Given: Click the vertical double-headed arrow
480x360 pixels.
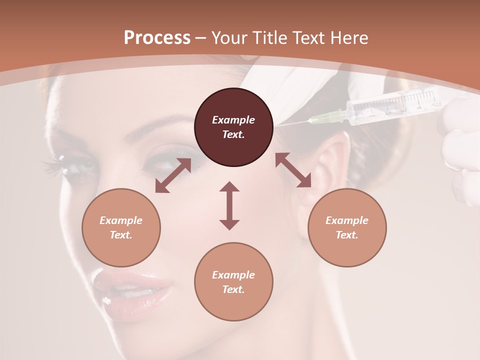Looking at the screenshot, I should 229,205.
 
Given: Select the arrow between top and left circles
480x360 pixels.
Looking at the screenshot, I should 173,175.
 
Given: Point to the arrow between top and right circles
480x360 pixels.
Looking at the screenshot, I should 293,170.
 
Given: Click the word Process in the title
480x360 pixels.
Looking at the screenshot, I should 157,37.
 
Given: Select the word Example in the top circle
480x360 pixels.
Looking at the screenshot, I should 233,120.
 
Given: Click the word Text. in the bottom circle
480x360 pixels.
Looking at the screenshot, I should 233,289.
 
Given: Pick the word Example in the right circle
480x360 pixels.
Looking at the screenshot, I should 347,220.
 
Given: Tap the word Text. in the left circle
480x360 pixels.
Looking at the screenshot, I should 121,235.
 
